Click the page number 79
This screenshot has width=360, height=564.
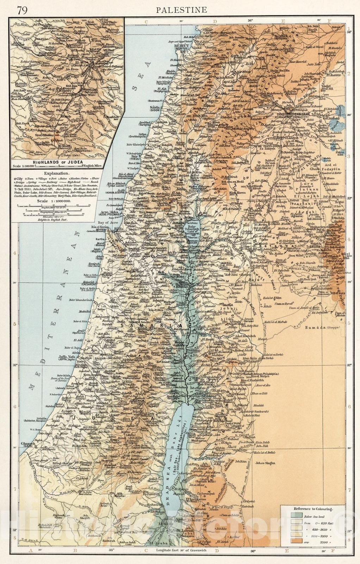click(20, 10)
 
